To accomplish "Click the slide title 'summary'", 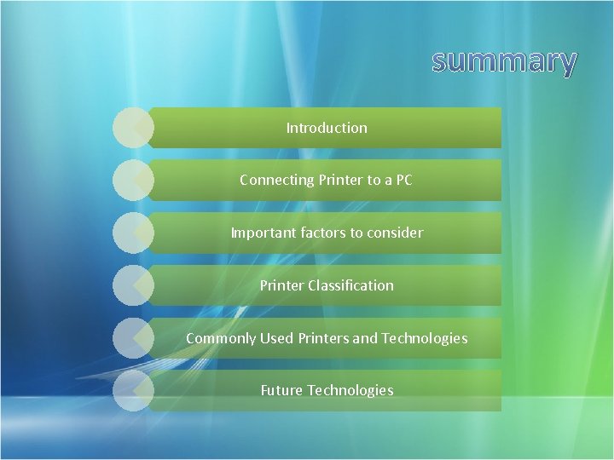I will [504, 61].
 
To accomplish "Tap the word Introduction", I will [327, 128].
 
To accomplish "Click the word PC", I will [403, 180].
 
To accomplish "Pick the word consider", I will [394, 233].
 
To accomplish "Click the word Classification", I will [354, 285].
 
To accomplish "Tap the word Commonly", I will [221, 338].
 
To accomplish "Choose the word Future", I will [281, 390].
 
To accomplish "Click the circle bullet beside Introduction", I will [132, 128].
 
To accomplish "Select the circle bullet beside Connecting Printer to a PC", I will [132, 180].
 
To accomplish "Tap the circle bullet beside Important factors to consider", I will [132, 233].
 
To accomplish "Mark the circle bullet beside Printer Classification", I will [132, 285].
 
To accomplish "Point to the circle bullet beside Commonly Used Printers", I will [132, 338].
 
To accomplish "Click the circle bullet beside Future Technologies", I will [132, 390].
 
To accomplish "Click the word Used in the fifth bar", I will [276, 338].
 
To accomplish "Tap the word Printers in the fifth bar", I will [323, 338].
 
